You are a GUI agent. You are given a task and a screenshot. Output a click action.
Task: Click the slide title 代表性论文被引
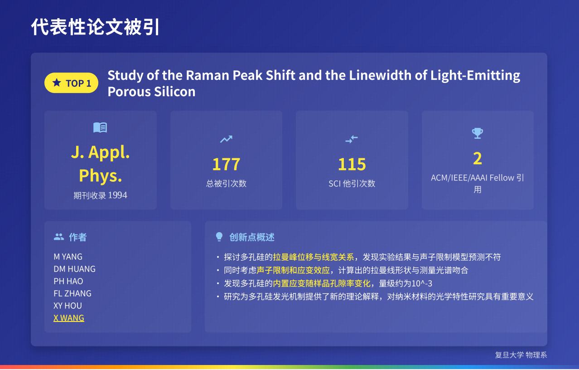pos(95,27)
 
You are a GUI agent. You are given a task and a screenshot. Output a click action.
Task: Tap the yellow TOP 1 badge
pos(71,83)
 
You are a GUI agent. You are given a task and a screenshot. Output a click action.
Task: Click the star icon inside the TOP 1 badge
pos(57,83)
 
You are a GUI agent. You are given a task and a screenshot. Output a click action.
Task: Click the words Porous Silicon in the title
pos(151,92)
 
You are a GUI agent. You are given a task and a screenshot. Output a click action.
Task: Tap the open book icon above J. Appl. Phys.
pos(100,127)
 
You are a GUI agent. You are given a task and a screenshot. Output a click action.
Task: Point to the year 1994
pos(117,195)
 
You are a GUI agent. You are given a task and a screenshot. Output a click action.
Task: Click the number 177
pos(226,164)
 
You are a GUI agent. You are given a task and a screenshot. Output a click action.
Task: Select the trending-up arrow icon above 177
pos(226,139)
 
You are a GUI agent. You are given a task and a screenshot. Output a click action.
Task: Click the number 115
pos(352,164)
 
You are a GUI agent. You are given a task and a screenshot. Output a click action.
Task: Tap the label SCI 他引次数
pos(352,184)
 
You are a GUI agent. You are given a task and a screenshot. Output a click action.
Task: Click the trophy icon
pos(478,133)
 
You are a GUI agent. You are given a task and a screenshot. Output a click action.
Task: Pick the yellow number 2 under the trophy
pos(478,158)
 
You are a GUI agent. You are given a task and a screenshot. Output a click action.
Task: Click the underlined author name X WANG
pos(69,318)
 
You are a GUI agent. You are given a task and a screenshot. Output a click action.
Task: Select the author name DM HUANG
pos(74,269)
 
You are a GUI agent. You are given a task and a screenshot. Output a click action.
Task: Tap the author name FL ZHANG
pos(72,293)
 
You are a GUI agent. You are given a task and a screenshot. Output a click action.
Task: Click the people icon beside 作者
pos(59,237)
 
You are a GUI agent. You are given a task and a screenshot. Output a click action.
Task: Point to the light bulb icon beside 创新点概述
pos(219,237)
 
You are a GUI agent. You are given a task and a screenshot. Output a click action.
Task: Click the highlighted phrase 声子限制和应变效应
pos(293,270)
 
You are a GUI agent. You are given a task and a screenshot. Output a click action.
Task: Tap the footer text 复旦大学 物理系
pos(521,355)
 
